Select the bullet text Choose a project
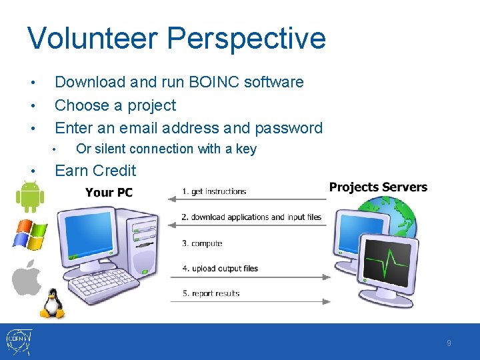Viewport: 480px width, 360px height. [115, 105]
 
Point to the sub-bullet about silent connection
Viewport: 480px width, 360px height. [166, 149]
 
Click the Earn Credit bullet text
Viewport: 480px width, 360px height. [95, 171]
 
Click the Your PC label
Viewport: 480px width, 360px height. [109, 193]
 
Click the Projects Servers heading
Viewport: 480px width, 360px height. [378, 187]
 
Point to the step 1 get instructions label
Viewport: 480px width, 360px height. [214, 192]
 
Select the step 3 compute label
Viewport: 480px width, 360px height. [202, 243]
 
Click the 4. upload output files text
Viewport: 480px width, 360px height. [220, 269]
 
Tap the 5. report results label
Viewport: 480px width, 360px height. [211, 293]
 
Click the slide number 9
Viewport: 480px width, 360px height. [449, 343]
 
